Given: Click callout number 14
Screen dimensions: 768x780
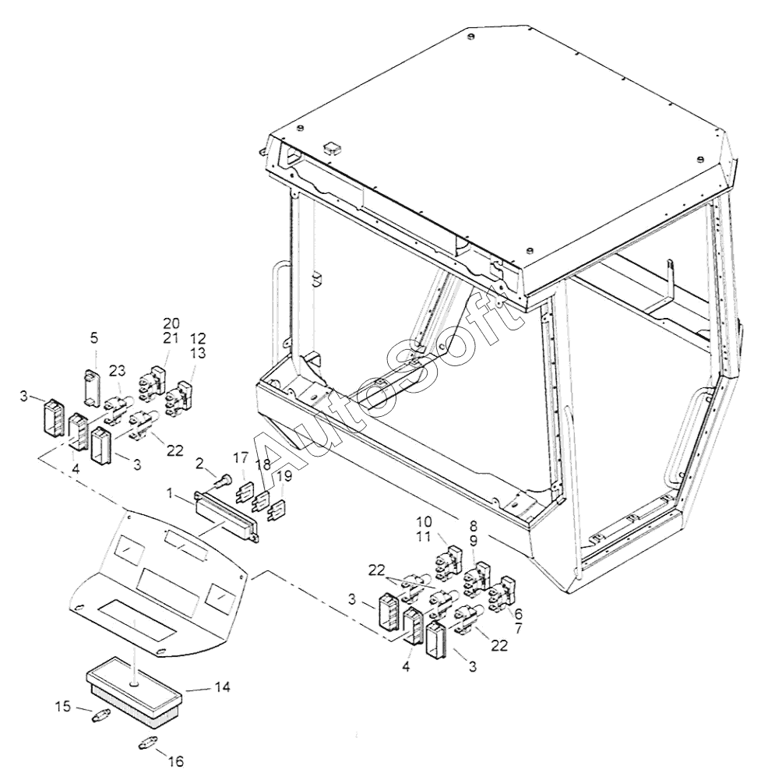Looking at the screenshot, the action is click(222, 688).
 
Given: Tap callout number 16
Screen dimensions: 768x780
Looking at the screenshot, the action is click(176, 761).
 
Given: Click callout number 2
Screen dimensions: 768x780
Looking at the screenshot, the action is click(200, 464).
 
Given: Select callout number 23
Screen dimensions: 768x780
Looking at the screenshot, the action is click(117, 371).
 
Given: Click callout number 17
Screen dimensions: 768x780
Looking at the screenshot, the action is click(240, 458).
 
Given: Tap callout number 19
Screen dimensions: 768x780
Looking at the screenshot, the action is click(284, 475).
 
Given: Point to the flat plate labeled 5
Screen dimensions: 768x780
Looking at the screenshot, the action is click(94, 386).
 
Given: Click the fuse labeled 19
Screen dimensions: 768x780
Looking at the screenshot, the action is click(276, 514).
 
